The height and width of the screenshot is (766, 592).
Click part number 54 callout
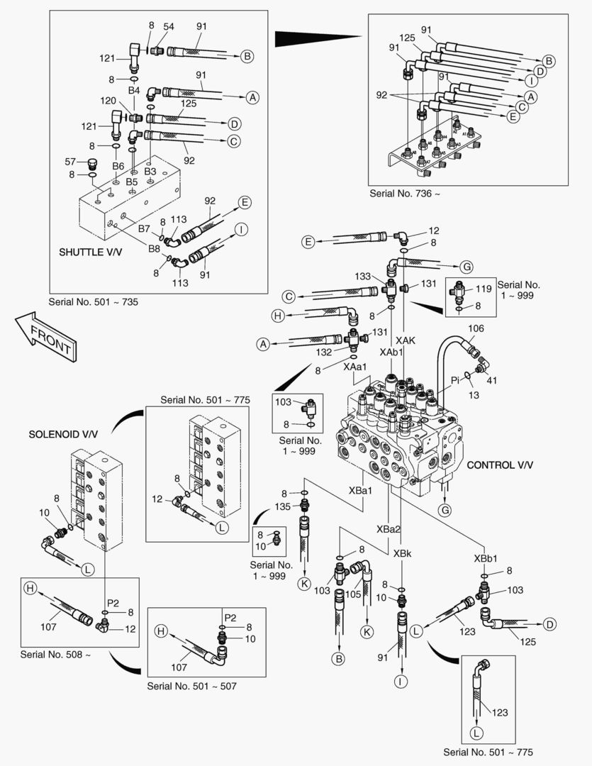pyautogui.click(x=169, y=26)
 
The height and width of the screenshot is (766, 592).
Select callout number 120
pyautogui.click(x=109, y=101)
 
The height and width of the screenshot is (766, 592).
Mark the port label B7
pyautogui.click(x=144, y=228)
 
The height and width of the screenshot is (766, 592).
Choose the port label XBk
pyautogui.click(x=401, y=553)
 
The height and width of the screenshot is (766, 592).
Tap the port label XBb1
pyautogui.click(x=486, y=557)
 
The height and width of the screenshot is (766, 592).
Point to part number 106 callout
pyautogui.click(x=476, y=328)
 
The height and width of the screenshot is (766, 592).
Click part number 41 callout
pyautogui.click(x=491, y=379)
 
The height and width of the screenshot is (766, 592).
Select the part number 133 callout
pyautogui.click(x=363, y=275)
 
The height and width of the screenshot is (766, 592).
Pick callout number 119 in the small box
pyautogui.click(x=484, y=289)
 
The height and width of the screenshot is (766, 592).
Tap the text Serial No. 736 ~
pyautogui.click(x=399, y=193)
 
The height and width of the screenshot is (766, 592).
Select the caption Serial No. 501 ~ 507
pyautogui.click(x=192, y=686)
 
